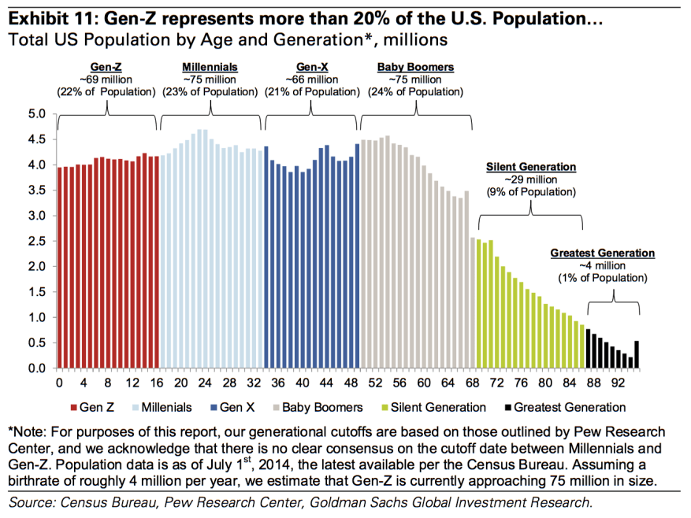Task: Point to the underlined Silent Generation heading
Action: pyautogui.click(x=531, y=168)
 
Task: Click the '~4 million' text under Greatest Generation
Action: pyautogui.click(x=602, y=266)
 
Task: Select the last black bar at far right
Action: pyautogui.click(x=637, y=354)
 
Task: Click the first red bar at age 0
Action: pyautogui.click(x=60, y=268)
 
